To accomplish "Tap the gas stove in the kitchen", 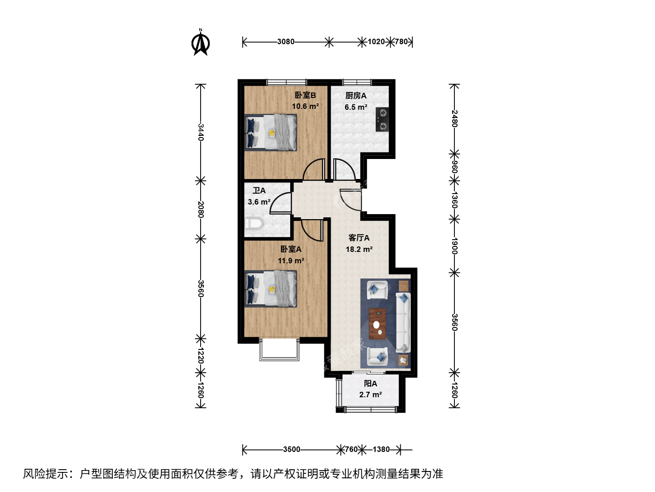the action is pos(382,119).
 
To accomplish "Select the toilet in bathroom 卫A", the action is pos(254,223).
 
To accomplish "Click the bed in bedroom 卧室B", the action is pos(271,132).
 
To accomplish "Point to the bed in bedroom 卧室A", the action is pos(271,288).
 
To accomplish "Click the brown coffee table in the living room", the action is pos(378,324).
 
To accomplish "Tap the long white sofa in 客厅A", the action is pos(403,323).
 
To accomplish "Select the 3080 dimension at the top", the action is pos(286,42).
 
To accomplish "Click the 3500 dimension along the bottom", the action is pos(292,449).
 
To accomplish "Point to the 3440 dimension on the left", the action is pos(201,132).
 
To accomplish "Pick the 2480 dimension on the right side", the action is pos(454,118).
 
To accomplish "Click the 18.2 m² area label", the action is pos(359,249).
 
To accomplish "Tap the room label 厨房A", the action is pos(356,96).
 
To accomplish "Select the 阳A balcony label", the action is pos(370,384).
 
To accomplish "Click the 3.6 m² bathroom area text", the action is pos(259,202).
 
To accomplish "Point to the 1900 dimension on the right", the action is pos(454,246).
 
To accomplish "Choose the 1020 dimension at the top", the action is pos(376,42).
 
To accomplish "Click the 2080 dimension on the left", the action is pos(201,210).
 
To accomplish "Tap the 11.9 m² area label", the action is pos(291,261).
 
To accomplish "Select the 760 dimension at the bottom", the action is pos(351,449).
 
